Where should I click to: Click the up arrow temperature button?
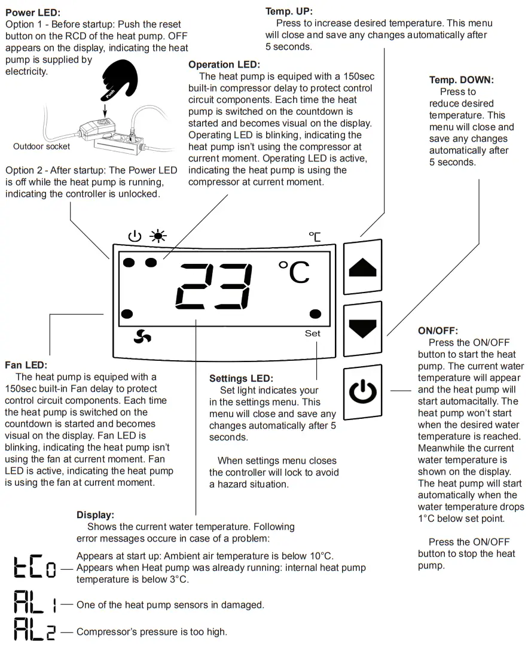[362, 267]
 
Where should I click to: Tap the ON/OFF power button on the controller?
[362, 392]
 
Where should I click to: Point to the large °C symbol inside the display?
[294, 272]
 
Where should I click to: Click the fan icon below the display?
[142, 337]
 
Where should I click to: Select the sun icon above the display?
[158, 236]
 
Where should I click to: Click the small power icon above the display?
[135, 236]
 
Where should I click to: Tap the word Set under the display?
[313, 333]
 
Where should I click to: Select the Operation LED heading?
[224, 65]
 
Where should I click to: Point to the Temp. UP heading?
[288, 11]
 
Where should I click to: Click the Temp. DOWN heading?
[462, 80]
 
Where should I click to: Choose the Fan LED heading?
[26, 364]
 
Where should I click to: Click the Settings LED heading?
[241, 378]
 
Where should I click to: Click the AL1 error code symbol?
[35, 604]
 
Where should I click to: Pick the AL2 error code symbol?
[35, 631]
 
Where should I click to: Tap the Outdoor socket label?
[41, 147]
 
